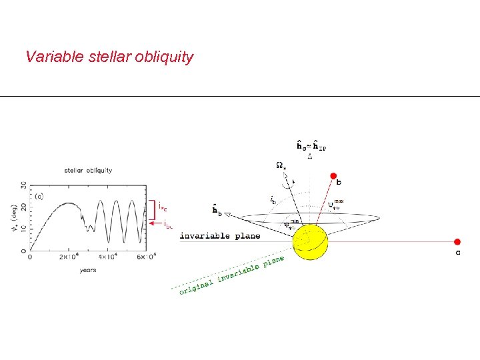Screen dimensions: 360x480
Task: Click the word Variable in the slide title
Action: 54,57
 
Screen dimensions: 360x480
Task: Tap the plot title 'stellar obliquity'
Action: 88,171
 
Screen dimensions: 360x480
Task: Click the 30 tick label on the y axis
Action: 23,185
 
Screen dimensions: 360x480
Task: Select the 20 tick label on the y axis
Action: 23,207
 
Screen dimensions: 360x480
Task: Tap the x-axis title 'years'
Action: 87,269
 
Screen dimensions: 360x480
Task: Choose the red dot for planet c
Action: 457,242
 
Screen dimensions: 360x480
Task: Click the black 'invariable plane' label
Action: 219,236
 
